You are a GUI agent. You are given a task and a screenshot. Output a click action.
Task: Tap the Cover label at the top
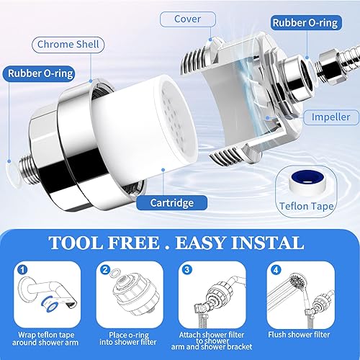pos(188,18)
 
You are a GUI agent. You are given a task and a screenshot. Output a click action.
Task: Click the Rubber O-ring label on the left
pos(39,73)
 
